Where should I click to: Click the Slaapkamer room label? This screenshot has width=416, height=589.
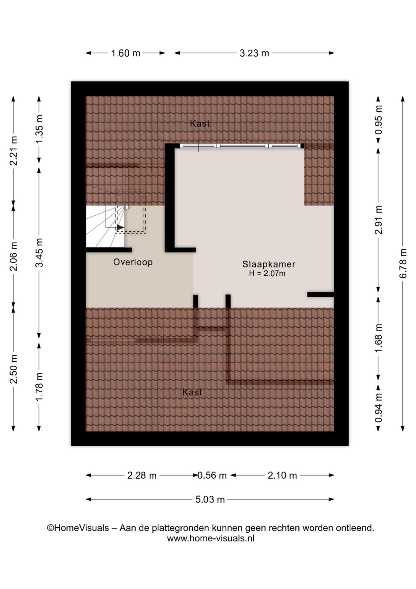(x=269, y=264)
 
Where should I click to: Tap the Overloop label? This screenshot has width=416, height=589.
(x=133, y=262)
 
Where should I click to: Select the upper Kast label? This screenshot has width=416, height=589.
(x=200, y=124)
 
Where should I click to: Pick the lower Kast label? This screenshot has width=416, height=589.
(x=192, y=392)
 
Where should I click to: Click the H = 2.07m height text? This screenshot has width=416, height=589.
(x=267, y=273)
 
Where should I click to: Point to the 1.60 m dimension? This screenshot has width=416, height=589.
(x=125, y=53)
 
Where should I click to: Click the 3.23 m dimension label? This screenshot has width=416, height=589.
(x=254, y=53)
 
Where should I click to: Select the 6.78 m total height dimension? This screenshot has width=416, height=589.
(x=403, y=264)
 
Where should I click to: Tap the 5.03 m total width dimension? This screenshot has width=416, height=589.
(x=210, y=499)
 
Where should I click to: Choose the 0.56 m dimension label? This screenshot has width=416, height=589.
(x=212, y=475)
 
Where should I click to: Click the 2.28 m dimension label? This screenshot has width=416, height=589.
(x=142, y=475)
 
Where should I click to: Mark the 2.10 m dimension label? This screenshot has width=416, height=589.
(x=282, y=475)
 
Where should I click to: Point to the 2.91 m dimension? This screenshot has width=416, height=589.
(x=379, y=220)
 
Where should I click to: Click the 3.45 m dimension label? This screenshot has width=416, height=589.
(x=39, y=252)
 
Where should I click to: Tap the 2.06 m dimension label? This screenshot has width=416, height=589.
(x=13, y=256)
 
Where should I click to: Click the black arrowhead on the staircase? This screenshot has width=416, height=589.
(x=120, y=227)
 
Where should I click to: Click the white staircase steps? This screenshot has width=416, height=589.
(x=105, y=226)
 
